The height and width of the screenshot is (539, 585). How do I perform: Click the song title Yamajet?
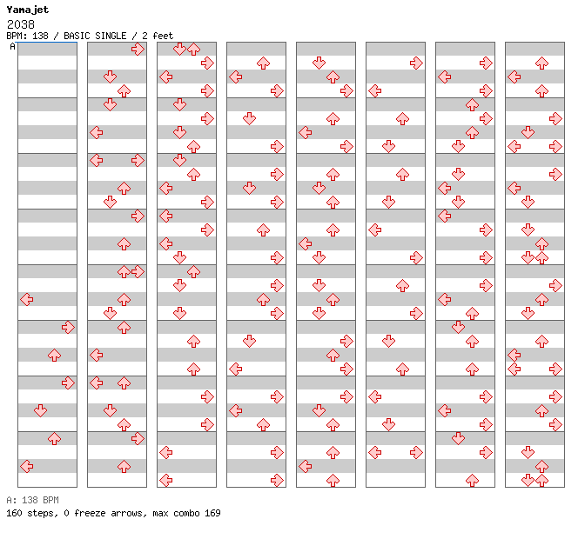28,10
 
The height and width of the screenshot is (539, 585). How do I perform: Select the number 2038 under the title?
21,24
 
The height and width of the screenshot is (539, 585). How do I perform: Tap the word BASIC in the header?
77,36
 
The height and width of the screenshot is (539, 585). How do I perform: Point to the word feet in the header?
163,36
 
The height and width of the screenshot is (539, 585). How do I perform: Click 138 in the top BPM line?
40,36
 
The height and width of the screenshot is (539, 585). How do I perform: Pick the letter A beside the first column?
13,47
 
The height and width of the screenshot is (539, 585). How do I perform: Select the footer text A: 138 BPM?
32,500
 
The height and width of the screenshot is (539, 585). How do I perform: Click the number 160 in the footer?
14,513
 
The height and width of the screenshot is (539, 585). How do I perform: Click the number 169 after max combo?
212,513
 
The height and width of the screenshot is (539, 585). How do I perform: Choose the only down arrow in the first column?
40,411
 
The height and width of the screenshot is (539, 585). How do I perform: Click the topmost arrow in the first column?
27,299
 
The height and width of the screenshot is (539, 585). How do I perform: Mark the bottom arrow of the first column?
27,466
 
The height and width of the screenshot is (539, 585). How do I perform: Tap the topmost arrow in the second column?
138,49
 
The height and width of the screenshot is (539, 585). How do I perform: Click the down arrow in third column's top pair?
179,49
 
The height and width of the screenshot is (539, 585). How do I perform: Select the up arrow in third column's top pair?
193,49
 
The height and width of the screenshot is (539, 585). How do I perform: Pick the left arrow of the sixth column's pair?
374,453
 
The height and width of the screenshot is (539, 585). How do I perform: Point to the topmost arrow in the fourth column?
264,63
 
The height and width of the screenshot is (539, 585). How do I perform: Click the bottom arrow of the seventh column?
473,481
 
